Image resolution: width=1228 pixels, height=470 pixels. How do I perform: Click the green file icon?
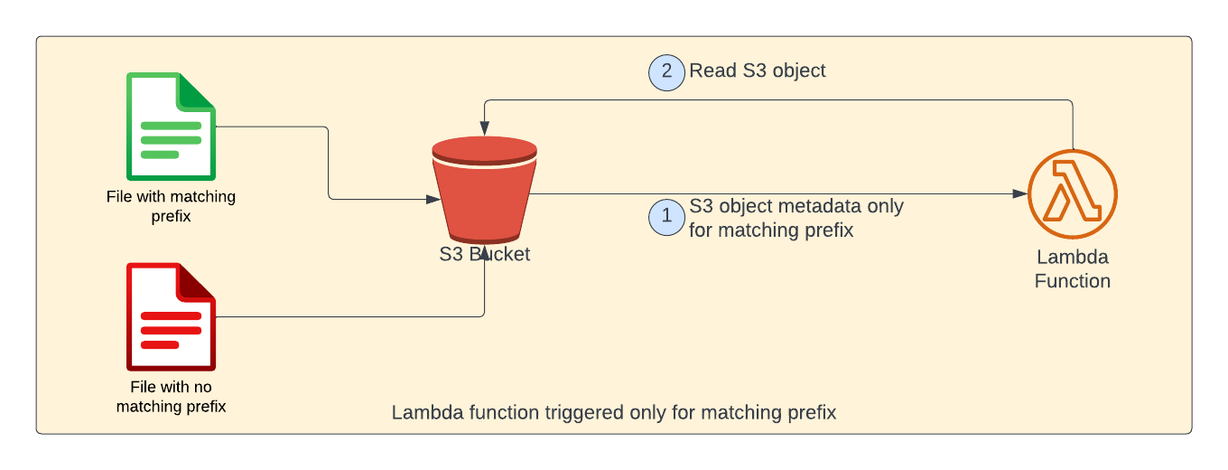(x=171, y=127)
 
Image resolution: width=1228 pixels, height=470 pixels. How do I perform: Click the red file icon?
(x=171, y=316)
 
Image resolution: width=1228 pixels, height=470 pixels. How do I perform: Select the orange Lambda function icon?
(x=1073, y=194)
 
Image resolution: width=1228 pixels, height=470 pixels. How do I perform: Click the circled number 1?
(x=667, y=217)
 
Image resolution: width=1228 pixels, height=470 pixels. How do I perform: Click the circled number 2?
(x=667, y=72)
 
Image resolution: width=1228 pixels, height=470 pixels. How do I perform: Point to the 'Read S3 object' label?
(x=758, y=70)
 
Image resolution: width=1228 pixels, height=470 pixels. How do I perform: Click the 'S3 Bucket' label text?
(x=484, y=254)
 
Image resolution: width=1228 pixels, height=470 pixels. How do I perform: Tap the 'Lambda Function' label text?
(x=1072, y=268)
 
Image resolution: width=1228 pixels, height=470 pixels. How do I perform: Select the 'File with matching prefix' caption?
(x=171, y=206)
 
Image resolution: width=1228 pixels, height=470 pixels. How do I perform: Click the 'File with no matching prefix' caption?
(x=171, y=397)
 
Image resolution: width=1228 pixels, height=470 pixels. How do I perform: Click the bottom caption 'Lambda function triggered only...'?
(x=614, y=413)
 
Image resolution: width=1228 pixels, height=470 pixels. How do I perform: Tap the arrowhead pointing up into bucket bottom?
(x=485, y=253)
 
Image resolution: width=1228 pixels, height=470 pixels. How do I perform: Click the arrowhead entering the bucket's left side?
(x=430, y=199)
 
